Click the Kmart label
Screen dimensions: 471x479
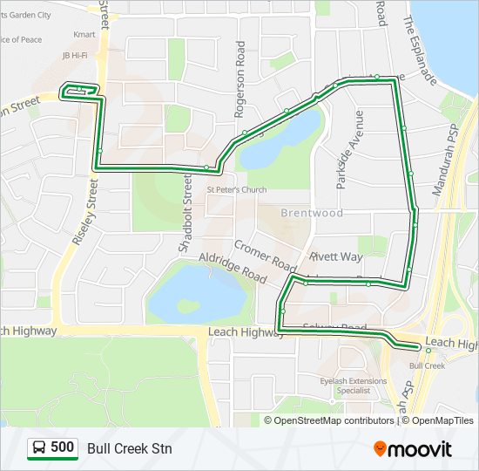(84, 35)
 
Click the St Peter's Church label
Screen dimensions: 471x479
(236, 190)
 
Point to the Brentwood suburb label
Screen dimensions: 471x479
(312, 213)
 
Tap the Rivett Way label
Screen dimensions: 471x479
(336, 257)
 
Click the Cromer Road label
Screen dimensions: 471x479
(265, 256)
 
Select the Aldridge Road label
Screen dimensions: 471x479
(233, 266)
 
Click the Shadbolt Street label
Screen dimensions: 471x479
(185, 213)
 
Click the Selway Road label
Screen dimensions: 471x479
(335, 327)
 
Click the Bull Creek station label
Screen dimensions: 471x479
(427, 365)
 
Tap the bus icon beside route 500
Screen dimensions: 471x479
(39, 448)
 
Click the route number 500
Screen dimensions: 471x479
(62, 448)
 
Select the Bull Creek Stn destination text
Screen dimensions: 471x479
(130, 448)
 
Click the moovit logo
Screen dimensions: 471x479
(413, 449)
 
